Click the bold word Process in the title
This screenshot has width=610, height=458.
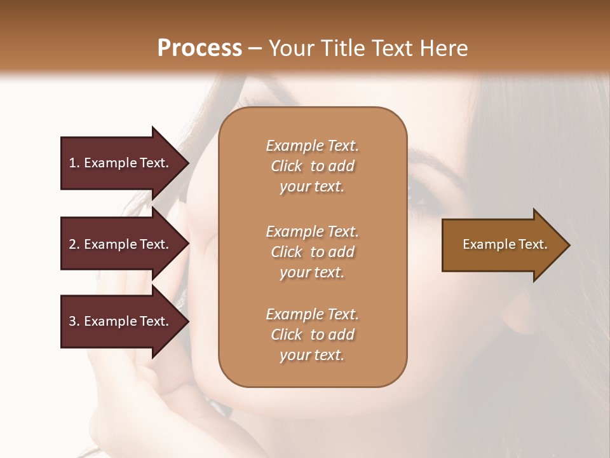click(200, 48)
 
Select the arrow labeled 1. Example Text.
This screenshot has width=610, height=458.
click(121, 163)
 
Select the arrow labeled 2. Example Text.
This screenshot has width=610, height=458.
click(121, 244)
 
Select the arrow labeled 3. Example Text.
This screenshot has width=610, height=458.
click(121, 321)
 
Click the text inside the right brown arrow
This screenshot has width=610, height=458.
click(505, 244)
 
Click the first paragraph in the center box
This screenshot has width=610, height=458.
click(312, 166)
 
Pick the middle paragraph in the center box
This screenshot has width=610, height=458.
click(312, 251)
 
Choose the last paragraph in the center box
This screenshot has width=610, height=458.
click(312, 335)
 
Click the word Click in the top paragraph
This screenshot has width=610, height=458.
click(286, 166)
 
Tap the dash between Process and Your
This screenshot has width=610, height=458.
click(255, 48)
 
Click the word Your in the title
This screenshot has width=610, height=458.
click(290, 48)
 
